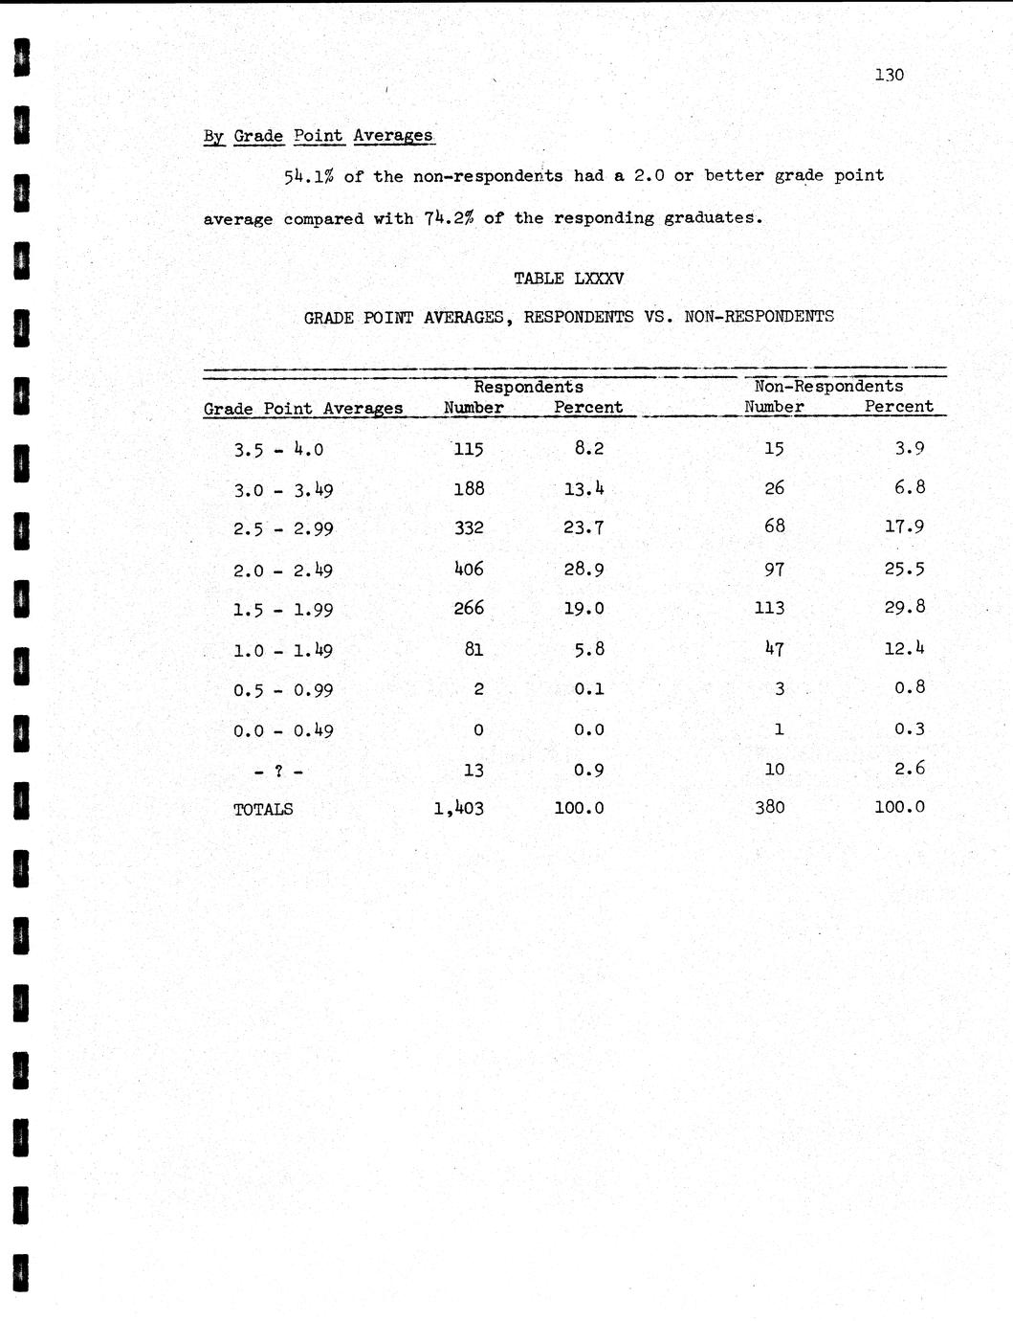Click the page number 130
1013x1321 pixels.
tap(889, 75)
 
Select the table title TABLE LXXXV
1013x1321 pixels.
tap(568, 279)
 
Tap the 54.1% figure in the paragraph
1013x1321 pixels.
tap(308, 176)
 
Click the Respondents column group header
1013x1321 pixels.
tap(528, 387)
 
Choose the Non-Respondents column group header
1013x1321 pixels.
tap(828, 386)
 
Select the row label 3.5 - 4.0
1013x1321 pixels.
tap(278, 449)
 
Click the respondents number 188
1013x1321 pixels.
tap(468, 488)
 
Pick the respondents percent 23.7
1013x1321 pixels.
tap(583, 527)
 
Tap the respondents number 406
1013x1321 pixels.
tap(468, 569)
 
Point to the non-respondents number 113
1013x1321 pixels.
tap(769, 608)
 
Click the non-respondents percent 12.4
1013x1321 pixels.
tap(904, 648)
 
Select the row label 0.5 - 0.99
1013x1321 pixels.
tap(283, 690)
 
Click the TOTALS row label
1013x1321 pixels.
tap(263, 809)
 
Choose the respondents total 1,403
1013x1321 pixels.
tap(458, 808)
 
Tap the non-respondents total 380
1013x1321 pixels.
tap(769, 807)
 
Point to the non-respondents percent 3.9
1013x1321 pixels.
tap(909, 448)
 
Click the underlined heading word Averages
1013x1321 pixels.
tap(392, 136)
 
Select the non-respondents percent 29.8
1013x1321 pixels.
tap(904, 607)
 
